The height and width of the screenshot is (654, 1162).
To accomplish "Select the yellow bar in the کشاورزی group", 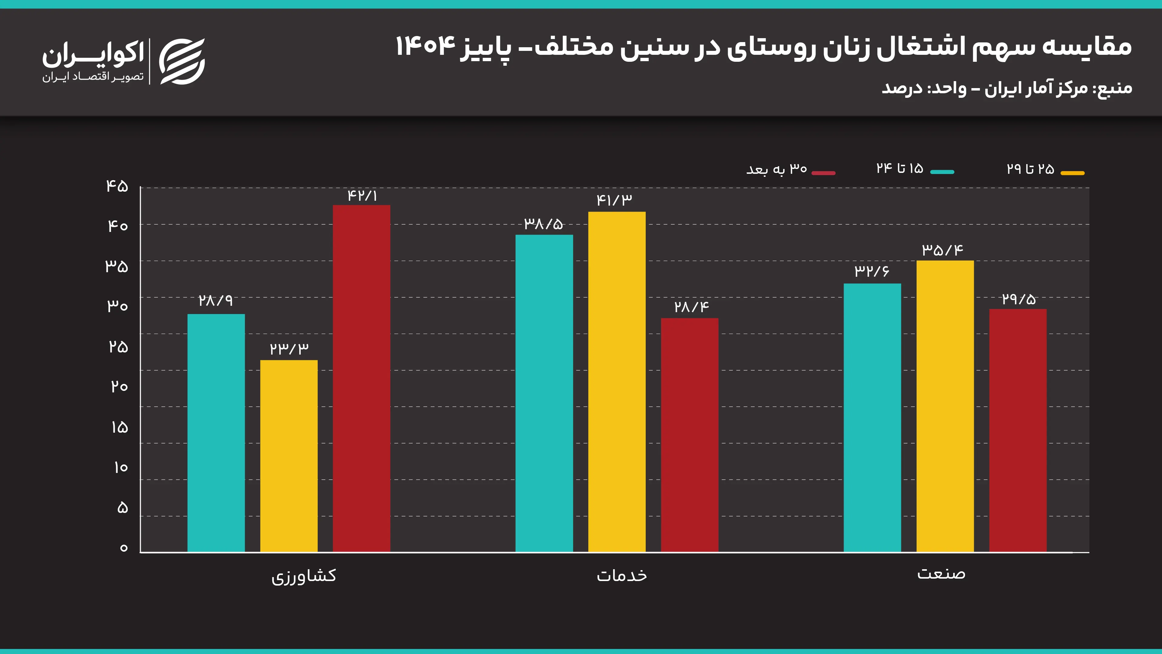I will pos(289,456).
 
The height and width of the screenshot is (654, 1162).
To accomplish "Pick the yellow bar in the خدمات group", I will pos(617,381).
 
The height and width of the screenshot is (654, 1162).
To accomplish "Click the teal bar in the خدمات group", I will pos(544,393).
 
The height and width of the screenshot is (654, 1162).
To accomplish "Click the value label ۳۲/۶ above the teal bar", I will pos(871,271).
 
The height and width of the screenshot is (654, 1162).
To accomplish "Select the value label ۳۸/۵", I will pos(543,223).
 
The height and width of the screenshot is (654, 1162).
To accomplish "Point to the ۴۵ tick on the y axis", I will pos(117,186).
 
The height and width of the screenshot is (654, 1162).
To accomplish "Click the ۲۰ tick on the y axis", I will pos(119,386).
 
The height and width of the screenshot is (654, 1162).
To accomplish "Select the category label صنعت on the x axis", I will pos(941,574).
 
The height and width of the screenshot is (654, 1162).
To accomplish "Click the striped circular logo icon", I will pos(182,61).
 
